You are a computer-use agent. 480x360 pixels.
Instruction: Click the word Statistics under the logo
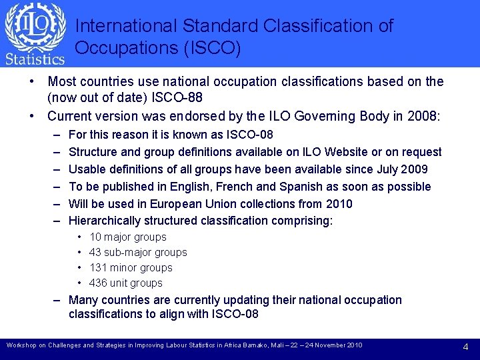click(x=35, y=59)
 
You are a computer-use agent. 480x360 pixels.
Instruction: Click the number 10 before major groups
click(x=95, y=237)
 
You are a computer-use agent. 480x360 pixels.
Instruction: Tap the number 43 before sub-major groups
click(x=95, y=252)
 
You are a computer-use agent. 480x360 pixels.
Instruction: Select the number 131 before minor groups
click(x=98, y=267)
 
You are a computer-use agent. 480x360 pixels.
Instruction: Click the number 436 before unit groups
click(x=98, y=283)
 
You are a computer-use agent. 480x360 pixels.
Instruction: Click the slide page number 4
click(x=465, y=347)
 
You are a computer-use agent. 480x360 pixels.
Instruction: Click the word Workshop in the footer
click(x=21, y=345)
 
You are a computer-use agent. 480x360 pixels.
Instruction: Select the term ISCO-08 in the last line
click(x=235, y=314)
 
